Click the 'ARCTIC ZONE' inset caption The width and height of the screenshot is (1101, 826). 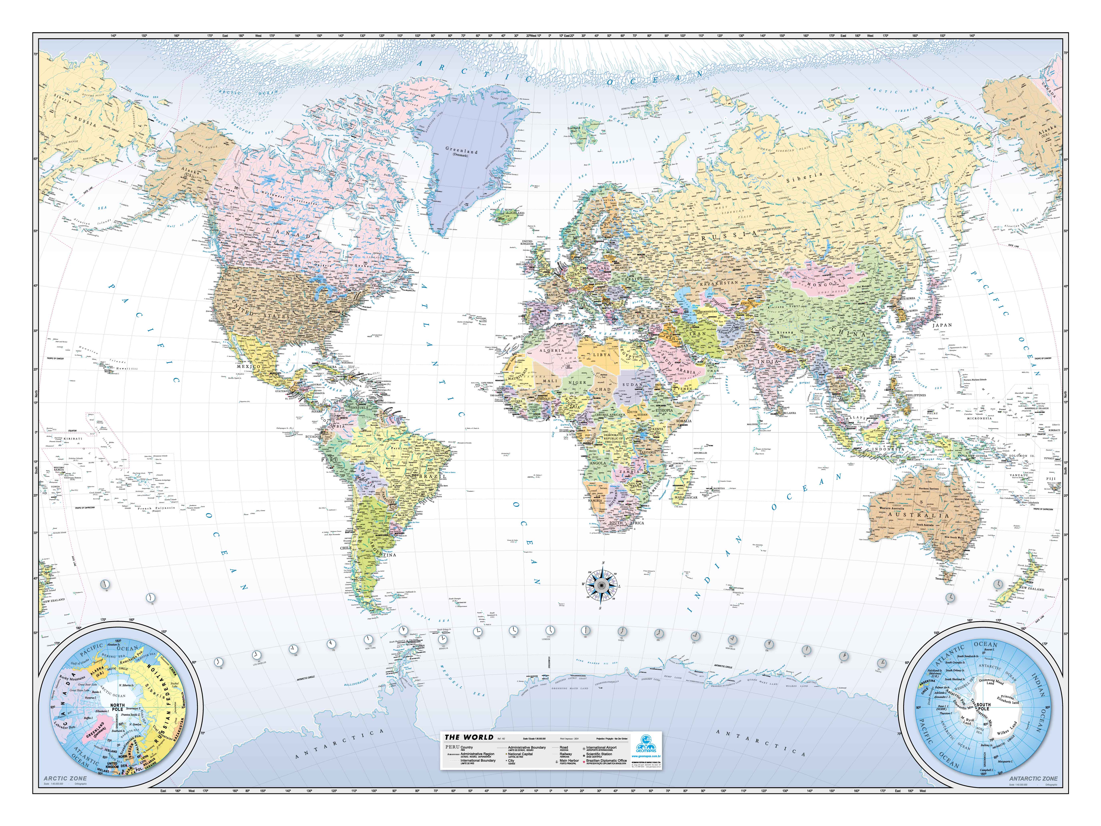(65, 778)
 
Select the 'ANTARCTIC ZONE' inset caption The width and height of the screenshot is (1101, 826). (1033, 778)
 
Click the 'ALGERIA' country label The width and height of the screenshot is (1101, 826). (553, 351)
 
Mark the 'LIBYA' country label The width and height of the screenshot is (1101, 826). (601, 355)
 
